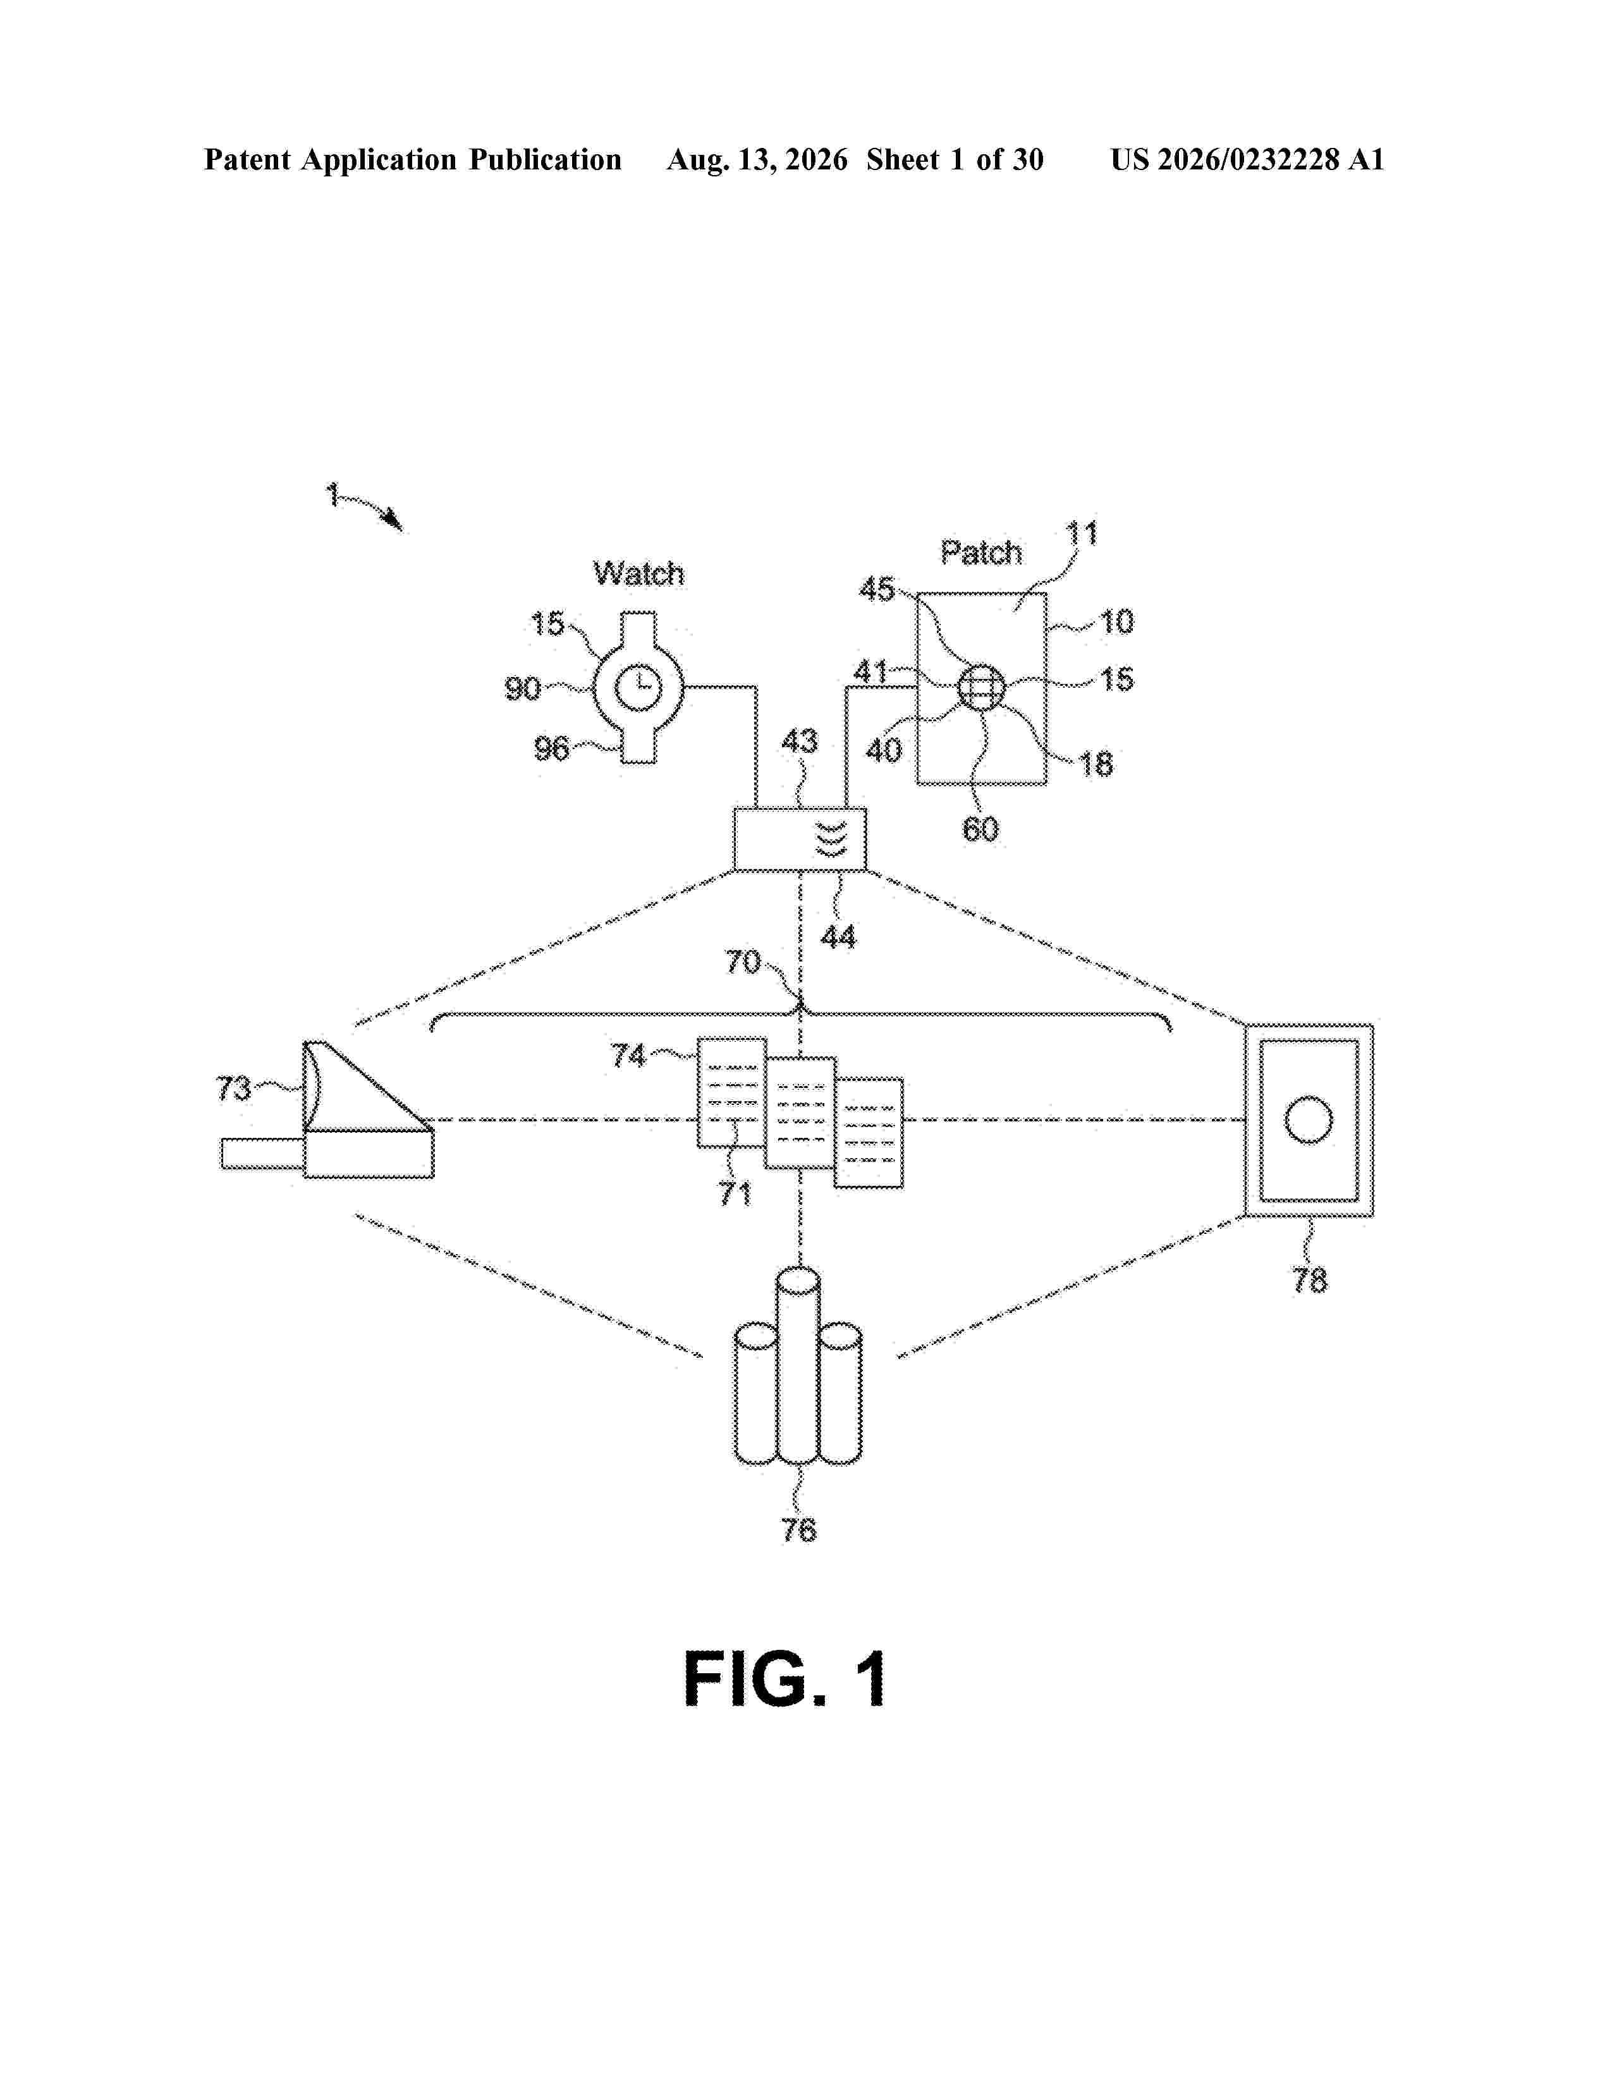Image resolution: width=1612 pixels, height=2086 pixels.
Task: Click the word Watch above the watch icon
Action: coord(638,573)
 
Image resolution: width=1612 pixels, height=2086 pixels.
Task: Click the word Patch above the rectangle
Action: coord(980,552)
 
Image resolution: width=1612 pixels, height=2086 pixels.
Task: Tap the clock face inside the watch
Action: coord(637,688)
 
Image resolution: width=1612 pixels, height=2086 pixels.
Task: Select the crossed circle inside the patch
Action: coord(982,686)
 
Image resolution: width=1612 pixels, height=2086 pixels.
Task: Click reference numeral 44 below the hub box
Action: coord(838,937)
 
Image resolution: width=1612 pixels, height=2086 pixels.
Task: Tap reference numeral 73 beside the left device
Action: coord(234,1088)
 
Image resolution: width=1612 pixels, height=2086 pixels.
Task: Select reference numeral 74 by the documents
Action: coord(628,1056)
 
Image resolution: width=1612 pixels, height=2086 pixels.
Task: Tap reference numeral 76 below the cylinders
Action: coord(799,1530)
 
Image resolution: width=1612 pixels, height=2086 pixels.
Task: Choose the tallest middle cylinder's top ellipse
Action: coord(798,1280)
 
